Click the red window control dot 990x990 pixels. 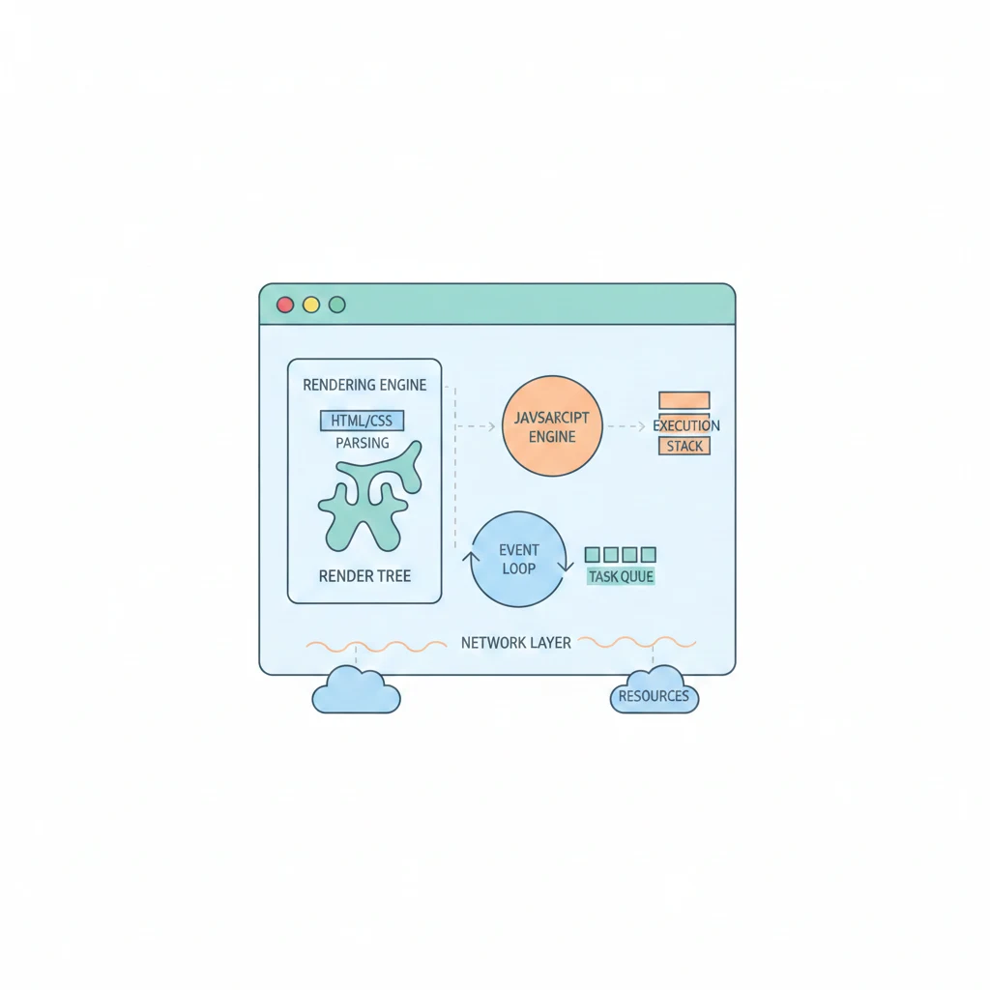[285, 305]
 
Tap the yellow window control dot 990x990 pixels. [311, 305]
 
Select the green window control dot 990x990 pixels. [336, 305]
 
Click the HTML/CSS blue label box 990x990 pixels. [362, 421]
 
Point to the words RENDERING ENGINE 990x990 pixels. [364, 385]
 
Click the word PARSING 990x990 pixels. [363, 443]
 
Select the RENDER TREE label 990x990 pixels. [364, 576]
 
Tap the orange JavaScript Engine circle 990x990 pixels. [552, 426]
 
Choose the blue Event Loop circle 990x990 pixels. [519, 559]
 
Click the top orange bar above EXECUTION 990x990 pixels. [684, 400]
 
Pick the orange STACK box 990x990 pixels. [684, 446]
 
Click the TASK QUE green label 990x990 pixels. [621, 576]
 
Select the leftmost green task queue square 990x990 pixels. [594, 554]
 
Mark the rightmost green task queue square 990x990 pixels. [648, 554]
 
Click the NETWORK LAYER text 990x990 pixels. [515, 642]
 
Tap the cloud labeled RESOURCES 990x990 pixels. [655, 693]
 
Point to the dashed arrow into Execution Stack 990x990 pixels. [627, 425]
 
